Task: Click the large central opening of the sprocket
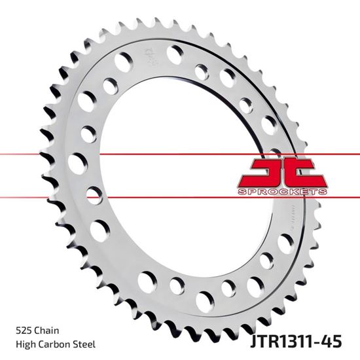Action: [x=177, y=170]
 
